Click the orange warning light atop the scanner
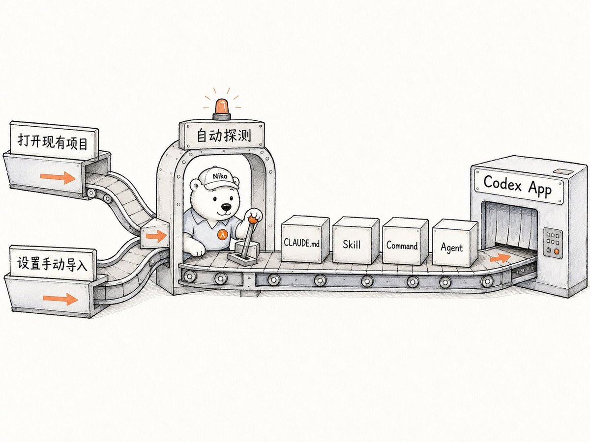coord(222,107)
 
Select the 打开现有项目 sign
coord(54,141)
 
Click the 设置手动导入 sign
coord(53,263)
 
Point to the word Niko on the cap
coord(220,176)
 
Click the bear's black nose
coord(226,207)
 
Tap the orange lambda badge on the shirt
coord(223,235)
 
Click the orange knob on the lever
coord(253,220)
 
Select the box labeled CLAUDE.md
coord(305,240)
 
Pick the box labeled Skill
coord(355,240)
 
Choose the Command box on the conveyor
coord(405,241)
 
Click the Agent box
coord(455,243)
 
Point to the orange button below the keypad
coord(557,251)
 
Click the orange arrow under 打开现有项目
coord(58,177)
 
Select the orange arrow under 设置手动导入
coord(60,299)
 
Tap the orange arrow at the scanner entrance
coord(156,236)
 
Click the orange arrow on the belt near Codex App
coord(500,258)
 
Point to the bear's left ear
coord(195,185)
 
